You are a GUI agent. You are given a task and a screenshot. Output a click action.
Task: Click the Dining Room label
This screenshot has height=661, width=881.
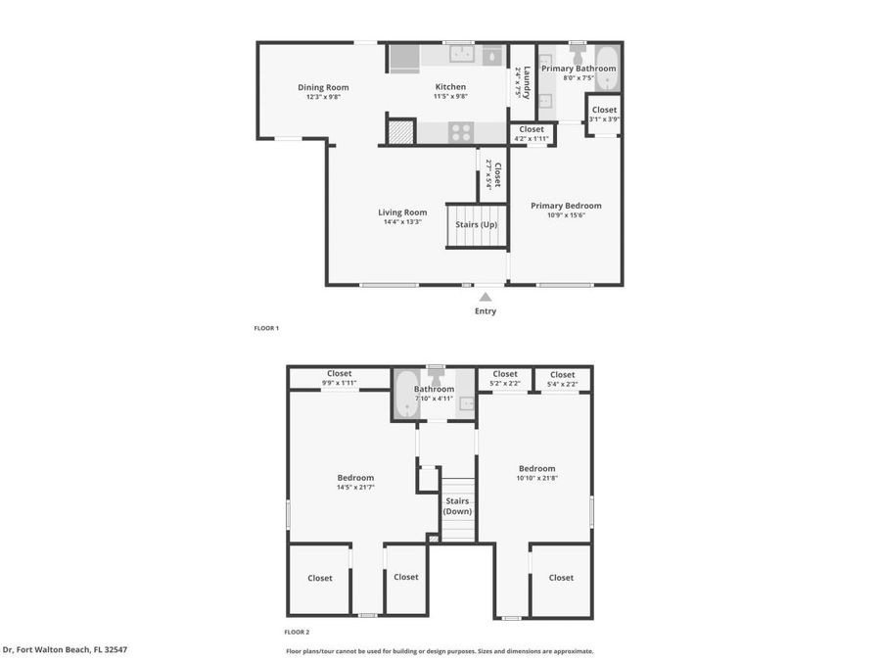pyautogui.click(x=323, y=87)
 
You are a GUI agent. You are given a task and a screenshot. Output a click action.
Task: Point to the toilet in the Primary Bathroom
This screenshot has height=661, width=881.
pyautogui.click(x=578, y=51)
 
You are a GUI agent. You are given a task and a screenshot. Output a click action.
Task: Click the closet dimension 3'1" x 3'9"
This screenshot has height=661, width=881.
pyautogui.click(x=604, y=119)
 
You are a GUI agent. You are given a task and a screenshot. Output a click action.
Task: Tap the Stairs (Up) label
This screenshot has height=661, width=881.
pyautogui.click(x=477, y=225)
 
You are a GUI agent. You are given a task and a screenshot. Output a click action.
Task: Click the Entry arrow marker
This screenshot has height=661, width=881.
pyautogui.click(x=486, y=296)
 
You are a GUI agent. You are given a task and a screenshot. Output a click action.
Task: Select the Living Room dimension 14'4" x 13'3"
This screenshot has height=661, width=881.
pyautogui.click(x=402, y=221)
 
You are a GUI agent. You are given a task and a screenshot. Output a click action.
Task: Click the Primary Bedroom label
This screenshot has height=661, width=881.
pyautogui.click(x=566, y=206)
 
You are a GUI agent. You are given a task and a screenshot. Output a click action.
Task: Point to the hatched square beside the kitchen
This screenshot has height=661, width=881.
pyautogui.click(x=400, y=131)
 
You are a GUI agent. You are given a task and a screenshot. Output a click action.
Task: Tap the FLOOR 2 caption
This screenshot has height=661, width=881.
pyautogui.click(x=297, y=632)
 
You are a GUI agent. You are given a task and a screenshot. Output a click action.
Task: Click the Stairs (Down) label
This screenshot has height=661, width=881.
pyautogui.click(x=457, y=506)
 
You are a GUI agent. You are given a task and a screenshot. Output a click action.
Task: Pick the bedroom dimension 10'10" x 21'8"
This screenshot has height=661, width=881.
pyautogui.click(x=536, y=478)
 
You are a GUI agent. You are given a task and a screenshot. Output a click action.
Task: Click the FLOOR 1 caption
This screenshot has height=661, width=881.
pyautogui.click(x=266, y=328)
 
